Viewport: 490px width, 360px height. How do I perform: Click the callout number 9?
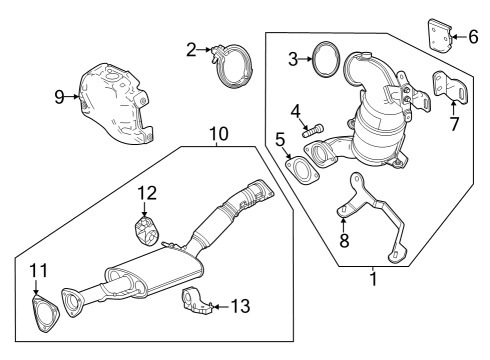tap(59, 97)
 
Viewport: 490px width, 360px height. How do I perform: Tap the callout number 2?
tap(191, 50)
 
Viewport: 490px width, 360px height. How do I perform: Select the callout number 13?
tap(240, 306)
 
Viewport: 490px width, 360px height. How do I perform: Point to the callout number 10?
tap(219, 134)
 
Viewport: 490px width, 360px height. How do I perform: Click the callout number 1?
tap(374, 279)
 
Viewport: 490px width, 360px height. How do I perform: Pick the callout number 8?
tap(344, 240)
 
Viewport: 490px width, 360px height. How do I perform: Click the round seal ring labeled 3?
tap(327, 59)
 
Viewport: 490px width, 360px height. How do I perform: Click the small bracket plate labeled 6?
tap(439, 36)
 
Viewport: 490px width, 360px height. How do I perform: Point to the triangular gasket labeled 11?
tap(46, 313)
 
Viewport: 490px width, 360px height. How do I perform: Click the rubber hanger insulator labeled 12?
tap(147, 231)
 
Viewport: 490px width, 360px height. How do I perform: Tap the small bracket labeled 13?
tap(198, 300)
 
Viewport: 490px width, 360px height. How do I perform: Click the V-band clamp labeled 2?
tap(232, 66)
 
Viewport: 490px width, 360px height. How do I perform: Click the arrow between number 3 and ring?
tap(306, 59)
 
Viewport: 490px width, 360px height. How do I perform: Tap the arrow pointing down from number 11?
tap(36, 287)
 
